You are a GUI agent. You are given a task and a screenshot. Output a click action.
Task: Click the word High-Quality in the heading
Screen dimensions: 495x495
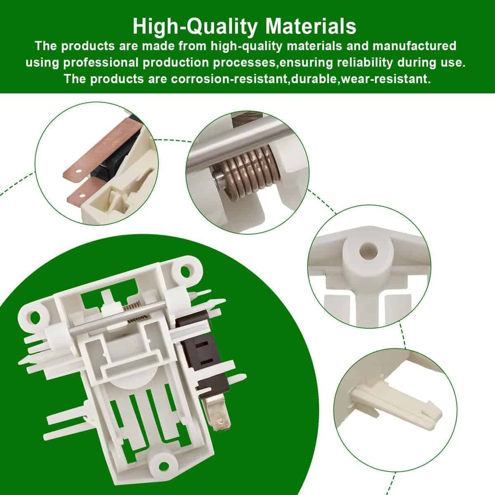pos(195,27)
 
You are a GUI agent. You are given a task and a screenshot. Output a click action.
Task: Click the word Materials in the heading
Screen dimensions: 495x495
pos(311,26)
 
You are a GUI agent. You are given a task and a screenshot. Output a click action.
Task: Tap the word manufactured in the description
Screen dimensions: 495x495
pos(414,46)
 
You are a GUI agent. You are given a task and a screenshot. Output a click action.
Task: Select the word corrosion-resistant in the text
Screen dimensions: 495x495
pos(229,79)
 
